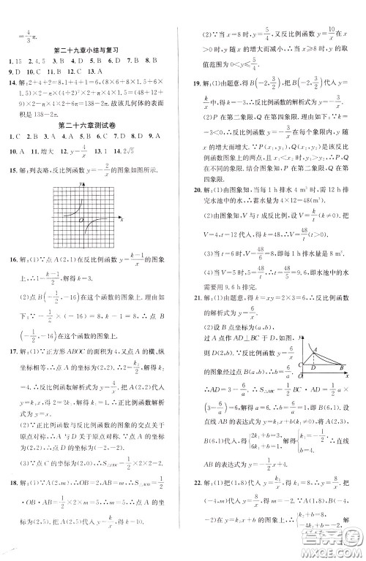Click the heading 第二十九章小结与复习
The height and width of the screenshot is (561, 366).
coord(92,50)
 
